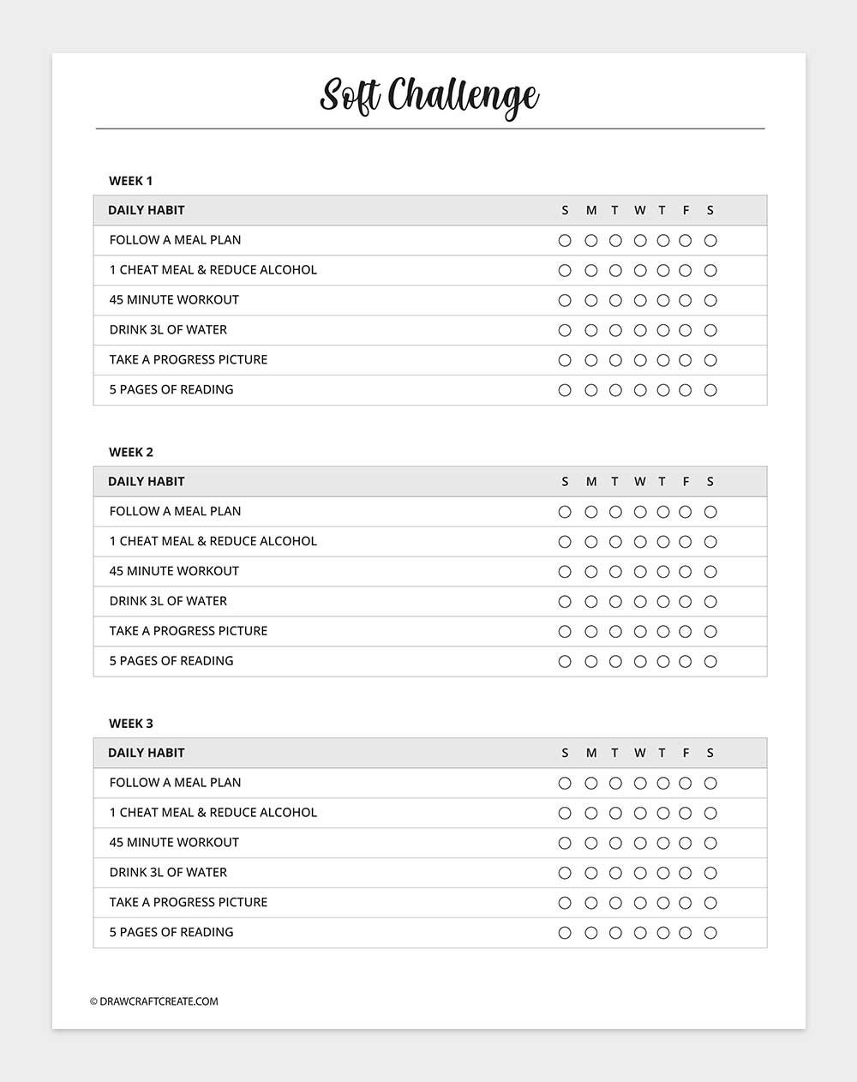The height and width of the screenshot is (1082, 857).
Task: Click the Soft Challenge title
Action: (429, 95)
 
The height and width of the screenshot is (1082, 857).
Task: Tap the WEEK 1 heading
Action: (130, 181)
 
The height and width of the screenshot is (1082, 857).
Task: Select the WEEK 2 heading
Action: (130, 452)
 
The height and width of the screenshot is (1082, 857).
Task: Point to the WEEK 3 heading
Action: (130, 724)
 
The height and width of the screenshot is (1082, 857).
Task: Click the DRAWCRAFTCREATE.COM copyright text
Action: (154, 1001)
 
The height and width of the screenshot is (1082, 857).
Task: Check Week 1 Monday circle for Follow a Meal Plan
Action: (590, 241)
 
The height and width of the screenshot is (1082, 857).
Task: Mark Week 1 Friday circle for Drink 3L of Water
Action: (686, 330)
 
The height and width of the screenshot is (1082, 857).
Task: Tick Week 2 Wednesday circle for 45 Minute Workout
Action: (639, 572)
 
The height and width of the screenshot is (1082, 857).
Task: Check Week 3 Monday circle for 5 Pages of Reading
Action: (590, 933)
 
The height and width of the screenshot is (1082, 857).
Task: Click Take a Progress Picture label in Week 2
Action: (189, 631)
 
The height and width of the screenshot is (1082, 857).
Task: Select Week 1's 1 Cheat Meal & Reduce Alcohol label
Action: (213, 270)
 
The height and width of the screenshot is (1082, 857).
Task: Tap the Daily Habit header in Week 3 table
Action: (147, 753)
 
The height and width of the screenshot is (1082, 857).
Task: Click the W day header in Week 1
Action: (639, 211)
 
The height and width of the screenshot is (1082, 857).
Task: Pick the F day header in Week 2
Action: (686, 482)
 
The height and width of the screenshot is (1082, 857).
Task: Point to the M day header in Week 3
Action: (590, 754)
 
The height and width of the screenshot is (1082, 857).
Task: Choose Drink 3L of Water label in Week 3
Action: (168, 873)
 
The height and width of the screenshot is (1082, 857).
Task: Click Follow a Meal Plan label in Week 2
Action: (175, 512)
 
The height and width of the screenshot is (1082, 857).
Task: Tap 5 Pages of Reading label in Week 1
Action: (171, 390)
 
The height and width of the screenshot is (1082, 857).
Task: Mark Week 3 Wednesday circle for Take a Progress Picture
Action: (639, 903)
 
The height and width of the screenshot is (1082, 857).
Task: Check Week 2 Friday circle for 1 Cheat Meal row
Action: (686, 542)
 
